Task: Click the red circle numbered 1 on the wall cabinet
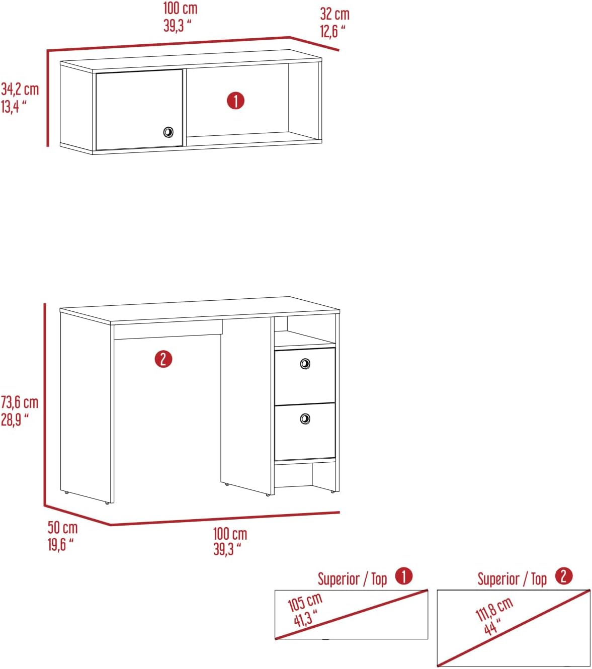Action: click(235, 101)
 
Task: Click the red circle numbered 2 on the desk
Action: click(163, 359)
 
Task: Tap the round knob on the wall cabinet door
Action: click(168, 132)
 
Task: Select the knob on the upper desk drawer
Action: click(305, 364)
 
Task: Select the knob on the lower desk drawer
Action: click(305, 419)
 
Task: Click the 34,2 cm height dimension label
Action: click(20, 90)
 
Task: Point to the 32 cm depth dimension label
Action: click(334, 14)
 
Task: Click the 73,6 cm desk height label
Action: click(20, 402)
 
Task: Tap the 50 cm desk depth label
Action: click(62, 528)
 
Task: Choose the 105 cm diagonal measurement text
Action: click(305, 602)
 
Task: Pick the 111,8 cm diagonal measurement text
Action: click(494, 609)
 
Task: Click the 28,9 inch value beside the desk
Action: click(15, 420)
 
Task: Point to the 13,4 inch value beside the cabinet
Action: click(14, 107)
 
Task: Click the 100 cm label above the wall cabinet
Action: click(180, 9)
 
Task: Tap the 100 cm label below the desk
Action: click(230, 534)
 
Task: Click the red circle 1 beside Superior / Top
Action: click(404, 576)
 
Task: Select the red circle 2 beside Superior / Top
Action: click(564, 576)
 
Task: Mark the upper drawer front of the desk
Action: click(305, 375)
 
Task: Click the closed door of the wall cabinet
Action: click(139, 110)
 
